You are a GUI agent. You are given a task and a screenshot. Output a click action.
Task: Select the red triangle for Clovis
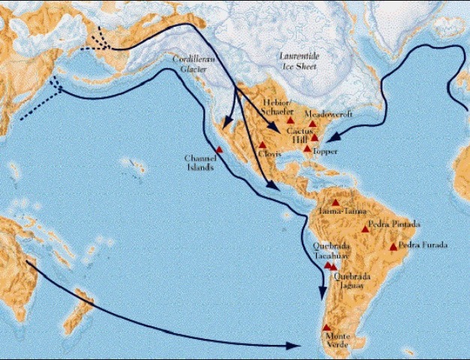coord(262,145)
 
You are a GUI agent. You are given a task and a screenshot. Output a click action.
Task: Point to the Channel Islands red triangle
coord(219,150)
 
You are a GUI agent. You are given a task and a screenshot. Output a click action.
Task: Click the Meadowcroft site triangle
coord(312,124)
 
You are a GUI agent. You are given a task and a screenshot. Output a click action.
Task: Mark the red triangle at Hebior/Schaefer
coord(290,120)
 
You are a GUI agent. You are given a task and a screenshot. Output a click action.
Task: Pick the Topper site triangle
coord(307,148)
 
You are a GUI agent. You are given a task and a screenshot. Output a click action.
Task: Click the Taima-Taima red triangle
coord(336,202)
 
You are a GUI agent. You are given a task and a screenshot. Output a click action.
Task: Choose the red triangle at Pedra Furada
coord(393,247)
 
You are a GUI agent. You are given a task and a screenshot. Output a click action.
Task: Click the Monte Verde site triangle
coord(326,328)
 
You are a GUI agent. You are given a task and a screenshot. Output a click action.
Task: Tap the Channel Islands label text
coord(200,162)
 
